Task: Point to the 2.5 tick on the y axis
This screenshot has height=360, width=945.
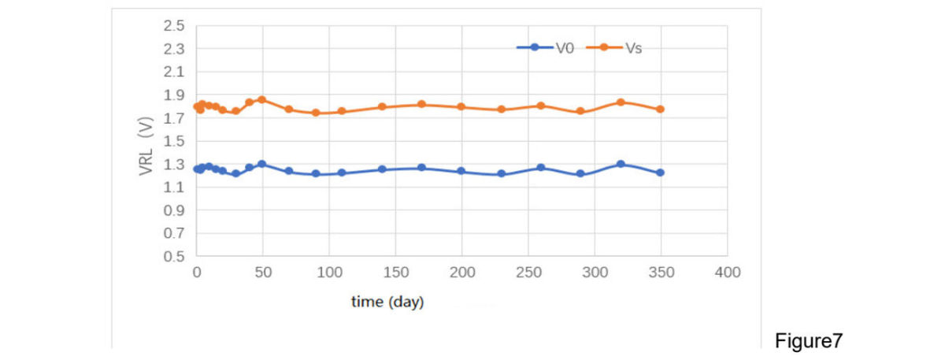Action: coord(173,26)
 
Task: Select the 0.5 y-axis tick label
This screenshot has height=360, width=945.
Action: coord(173,257)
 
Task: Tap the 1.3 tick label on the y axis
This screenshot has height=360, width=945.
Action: coord(173,165)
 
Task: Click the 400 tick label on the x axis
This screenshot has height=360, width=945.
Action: coord(727,273)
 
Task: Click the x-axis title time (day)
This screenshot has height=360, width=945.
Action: coord(387,302)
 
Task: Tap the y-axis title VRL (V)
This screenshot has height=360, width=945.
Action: coord(146,146)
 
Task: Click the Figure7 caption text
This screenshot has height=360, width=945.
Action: coord(809,340)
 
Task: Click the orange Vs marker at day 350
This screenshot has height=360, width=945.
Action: coord(660,109)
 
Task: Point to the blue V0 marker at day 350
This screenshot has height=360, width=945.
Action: coord(660,173)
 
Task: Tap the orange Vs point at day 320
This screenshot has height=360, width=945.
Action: coord(621,102)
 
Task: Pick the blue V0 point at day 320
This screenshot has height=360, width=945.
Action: coord(621,164)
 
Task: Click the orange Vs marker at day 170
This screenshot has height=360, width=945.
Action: coord(421,104)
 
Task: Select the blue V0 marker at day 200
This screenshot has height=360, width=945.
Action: coord(461,171)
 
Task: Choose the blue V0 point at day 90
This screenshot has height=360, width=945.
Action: coord(316,173)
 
